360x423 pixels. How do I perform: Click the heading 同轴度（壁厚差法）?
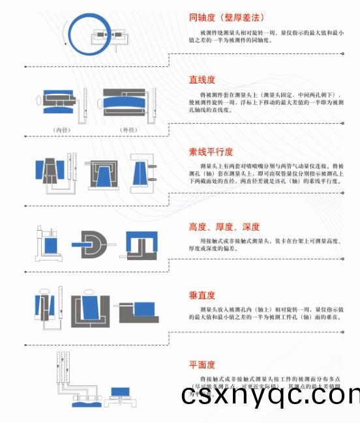click(x=226, y=18)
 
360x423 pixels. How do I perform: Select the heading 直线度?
click(x=202, y=80)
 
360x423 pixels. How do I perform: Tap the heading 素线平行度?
click(x=211, y=152)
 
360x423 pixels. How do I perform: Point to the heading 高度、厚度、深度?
click(x=224, y=227)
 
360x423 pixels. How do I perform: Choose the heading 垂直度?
click(x=202, y=295)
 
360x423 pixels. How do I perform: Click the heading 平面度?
click(x=202, y=364)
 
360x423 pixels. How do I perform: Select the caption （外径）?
click(x=128, y=130)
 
